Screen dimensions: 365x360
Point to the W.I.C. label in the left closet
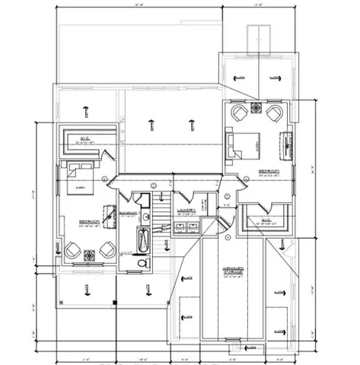tap(86, 138)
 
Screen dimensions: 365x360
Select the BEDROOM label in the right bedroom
tap(270, 170)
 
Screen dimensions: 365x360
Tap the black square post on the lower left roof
tap(114, 303)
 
